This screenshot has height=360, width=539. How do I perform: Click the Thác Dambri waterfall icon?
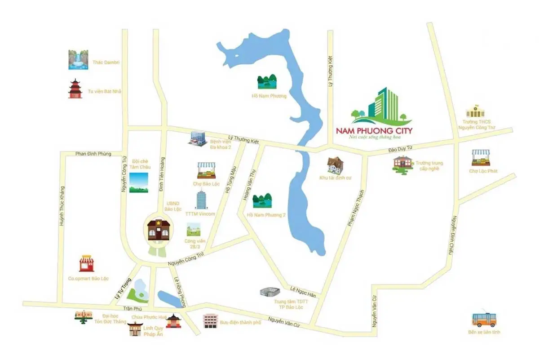coord(78,60)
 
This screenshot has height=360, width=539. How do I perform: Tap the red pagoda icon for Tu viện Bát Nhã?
coord(75,89)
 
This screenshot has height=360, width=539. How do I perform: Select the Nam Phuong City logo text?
coord(374,131)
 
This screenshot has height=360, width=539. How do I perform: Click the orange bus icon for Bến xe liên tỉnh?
coord(483,319)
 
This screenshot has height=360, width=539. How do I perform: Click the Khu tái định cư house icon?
coord(335,165)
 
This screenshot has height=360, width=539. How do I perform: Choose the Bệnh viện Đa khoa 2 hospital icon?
coord(197,138)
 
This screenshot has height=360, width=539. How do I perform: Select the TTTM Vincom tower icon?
coord(201,200)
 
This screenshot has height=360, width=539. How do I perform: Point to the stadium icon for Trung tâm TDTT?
coord(271,293)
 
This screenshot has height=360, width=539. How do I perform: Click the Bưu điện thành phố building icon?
coord(210,320)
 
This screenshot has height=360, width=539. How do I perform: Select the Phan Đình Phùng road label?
coord(93,154)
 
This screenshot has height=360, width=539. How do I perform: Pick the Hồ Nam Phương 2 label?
coord(266,215)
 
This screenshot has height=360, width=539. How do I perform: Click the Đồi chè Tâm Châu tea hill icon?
coord(138,182)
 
